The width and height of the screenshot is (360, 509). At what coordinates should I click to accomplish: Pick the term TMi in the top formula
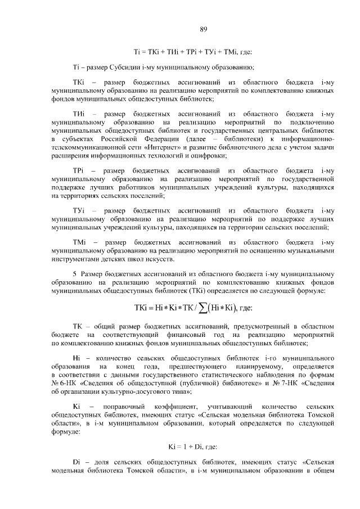click(x=231, y=52)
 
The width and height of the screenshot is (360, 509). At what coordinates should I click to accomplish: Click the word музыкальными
click(x=310, y=251)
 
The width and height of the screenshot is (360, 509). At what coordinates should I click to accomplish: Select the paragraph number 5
click(x=74, y=274)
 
